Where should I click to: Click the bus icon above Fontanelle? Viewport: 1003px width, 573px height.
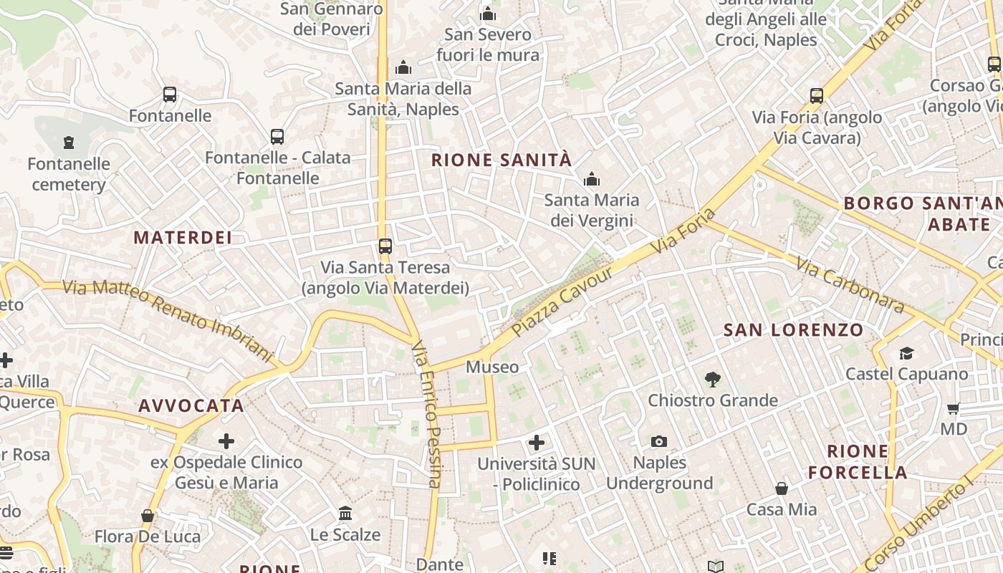[x=170, y=95]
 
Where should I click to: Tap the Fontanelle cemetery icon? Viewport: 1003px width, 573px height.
[x=69, y=143]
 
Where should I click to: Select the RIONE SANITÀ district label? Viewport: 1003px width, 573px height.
[x=501, y=160]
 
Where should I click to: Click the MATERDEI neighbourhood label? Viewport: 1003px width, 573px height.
[x=183, y=238]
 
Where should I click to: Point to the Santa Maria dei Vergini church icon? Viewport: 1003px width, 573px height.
[x=592, y=179]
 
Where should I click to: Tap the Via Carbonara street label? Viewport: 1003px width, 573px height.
[x=849, y=285]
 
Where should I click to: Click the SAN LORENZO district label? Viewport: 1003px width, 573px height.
[x=793, y=330]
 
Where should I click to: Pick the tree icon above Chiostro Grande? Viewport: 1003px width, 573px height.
[x=712, y=379]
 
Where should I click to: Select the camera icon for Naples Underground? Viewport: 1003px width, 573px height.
[x=659, y=441]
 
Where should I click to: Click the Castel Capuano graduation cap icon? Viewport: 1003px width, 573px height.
[x=906, y=353]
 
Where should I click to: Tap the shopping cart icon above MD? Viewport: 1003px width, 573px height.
[x=953, y=409]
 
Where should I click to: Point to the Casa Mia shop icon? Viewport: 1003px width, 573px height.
[x=782, y=488]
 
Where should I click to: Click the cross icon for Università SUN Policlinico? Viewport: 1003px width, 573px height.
[x=536, y=443]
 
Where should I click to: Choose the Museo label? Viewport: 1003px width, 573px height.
[x=492, y=367]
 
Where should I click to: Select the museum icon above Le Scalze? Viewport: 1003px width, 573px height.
[x=345, y=514]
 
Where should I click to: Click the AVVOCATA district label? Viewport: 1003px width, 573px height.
[x=191, y=406]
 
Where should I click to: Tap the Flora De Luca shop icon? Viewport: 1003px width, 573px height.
[x=148, y=516]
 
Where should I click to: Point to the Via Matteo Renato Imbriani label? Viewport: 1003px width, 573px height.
[x=169, y=320]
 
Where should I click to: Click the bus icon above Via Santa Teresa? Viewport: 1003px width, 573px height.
[x=385, y=246]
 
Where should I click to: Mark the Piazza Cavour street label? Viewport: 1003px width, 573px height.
[x=564, y=302]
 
